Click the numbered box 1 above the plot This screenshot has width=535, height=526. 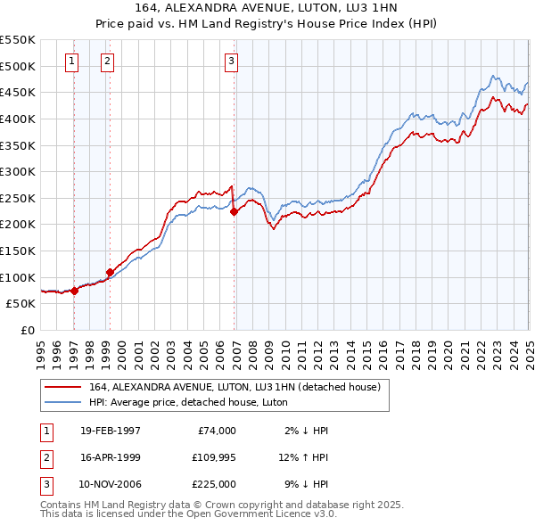[71, 62]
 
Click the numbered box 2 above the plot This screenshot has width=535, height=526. [106, 62]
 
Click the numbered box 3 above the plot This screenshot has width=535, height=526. [231, 62]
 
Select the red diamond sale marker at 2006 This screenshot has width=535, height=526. [234, 211]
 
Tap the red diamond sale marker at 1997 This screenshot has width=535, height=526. [75, 291]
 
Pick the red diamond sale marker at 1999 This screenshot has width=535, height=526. [110, 272]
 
